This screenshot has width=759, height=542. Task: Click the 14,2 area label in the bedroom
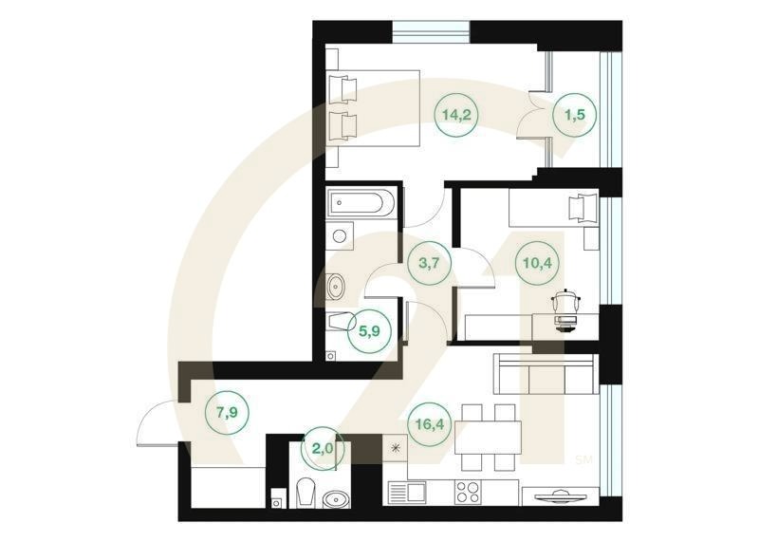tap(456, 115)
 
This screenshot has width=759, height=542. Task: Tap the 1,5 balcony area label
tap(575, 115)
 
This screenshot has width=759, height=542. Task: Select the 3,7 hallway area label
tap(430, 263)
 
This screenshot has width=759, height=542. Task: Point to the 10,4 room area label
tap(537, 263)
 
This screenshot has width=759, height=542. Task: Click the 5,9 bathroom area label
tap(369, 331)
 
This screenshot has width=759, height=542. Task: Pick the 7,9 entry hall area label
tap(227, 413)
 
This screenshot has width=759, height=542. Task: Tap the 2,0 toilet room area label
tap(323, 448)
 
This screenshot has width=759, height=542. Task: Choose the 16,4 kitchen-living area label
tap(430, 424)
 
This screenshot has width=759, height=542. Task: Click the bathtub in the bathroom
tap(361, 203)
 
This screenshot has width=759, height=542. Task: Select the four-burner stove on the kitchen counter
tap(468, 492)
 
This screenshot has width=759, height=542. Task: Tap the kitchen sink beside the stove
tap(407, 493)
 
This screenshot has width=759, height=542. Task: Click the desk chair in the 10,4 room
tap(565, 310)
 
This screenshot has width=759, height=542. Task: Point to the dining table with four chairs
tap(489, 438)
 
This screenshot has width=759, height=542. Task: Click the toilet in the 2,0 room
tap(305, 493)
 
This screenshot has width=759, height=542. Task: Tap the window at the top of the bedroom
tap(431, 32)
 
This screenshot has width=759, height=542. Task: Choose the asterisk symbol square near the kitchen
tap(395, 448)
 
